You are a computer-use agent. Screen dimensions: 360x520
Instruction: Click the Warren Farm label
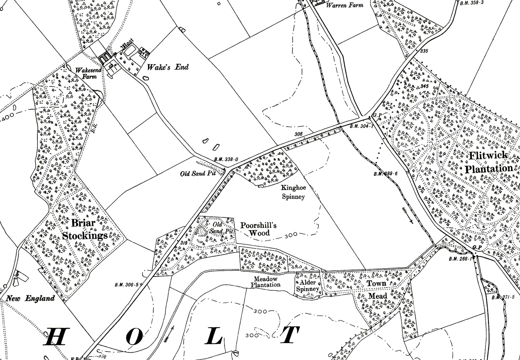tap(344, 5)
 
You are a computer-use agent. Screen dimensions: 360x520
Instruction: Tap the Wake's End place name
tap(168, 67)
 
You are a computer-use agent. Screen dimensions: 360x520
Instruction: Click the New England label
tap(30, 298)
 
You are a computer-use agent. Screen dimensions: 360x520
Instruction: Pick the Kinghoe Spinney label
tap(293, 192)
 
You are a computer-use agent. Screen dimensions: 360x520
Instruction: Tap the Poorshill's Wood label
tap(259, 229)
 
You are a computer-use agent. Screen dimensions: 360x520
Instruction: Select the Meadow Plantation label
tap(267, 282)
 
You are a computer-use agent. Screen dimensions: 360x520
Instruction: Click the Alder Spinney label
tap(308, 286)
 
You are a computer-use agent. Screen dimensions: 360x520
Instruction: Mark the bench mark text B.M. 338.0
tap(226, 159)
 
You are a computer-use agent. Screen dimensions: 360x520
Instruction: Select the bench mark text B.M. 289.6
tap(385, 174)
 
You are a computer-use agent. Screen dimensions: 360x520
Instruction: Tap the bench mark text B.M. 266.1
tap(460, 259)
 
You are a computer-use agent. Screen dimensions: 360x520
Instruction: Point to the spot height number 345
tap(424, 86)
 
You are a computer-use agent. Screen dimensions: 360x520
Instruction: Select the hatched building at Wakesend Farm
tap(104, 57)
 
